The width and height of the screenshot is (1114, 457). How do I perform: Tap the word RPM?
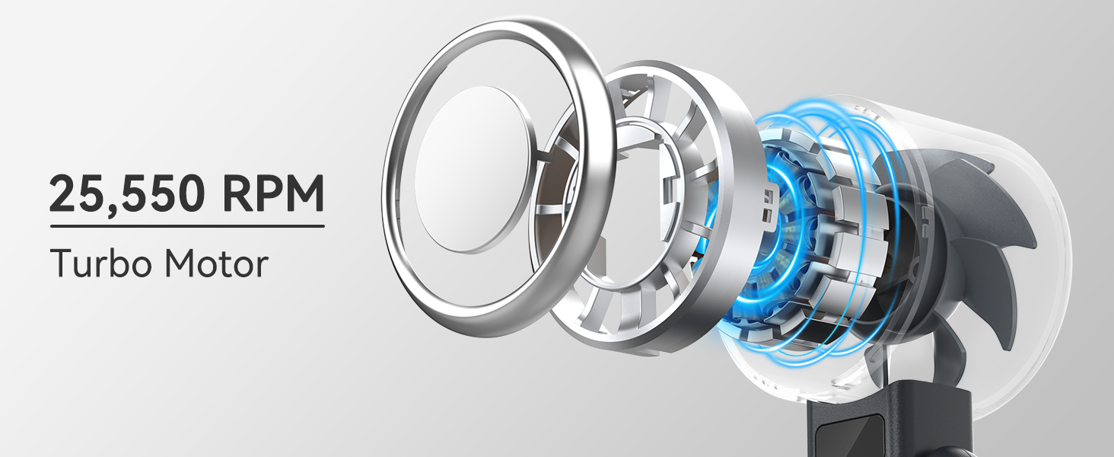273,193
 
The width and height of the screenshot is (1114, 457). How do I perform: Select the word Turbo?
100,263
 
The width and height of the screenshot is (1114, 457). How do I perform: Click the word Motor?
216,263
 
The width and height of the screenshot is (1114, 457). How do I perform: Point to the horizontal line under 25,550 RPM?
187,226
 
